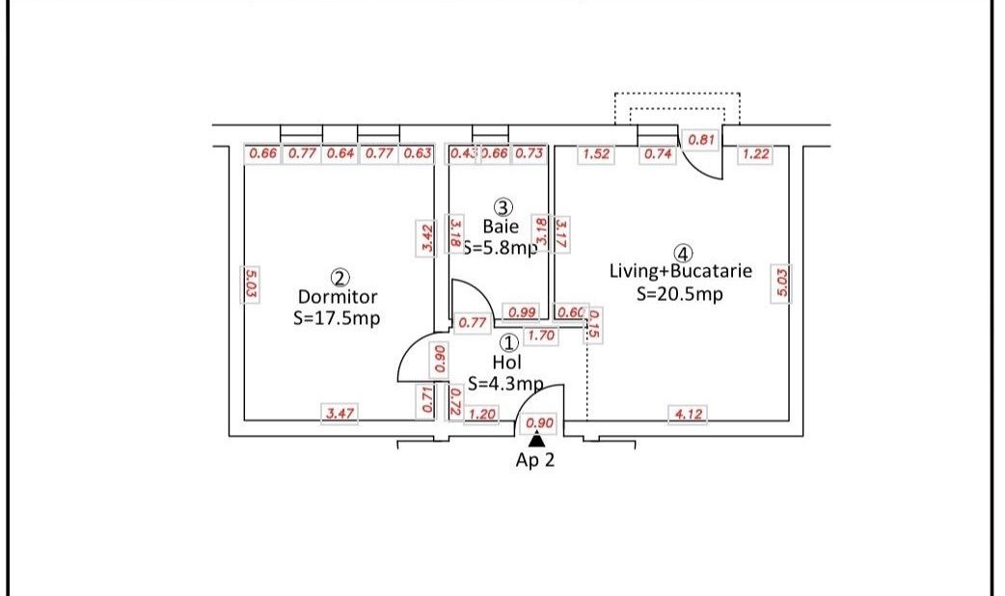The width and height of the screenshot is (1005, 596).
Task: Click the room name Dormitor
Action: [337, 297]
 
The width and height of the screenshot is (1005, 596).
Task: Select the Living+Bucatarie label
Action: [681, 271]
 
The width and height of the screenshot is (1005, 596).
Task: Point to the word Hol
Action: [506, 363]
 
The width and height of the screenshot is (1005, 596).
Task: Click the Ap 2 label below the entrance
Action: [535, 460]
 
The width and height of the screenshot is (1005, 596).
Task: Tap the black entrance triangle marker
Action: [537, 440]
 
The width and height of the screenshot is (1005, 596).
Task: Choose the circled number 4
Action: [683, 254]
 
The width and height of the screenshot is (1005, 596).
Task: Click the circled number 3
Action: [502, 207]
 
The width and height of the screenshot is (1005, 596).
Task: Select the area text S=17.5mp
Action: [337, 317]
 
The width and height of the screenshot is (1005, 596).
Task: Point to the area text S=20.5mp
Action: [680, 294]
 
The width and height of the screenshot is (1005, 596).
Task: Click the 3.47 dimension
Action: [339, 414]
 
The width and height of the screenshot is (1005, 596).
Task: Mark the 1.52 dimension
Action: [595, 154]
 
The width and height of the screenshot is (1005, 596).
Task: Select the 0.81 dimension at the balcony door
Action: [702, 140]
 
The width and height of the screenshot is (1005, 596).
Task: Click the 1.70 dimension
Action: [541, 338]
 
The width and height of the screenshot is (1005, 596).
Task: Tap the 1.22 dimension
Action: [756, 154]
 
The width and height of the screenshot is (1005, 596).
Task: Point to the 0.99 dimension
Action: [522, 312]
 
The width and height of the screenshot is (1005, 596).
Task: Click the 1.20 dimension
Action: [482, 415]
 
